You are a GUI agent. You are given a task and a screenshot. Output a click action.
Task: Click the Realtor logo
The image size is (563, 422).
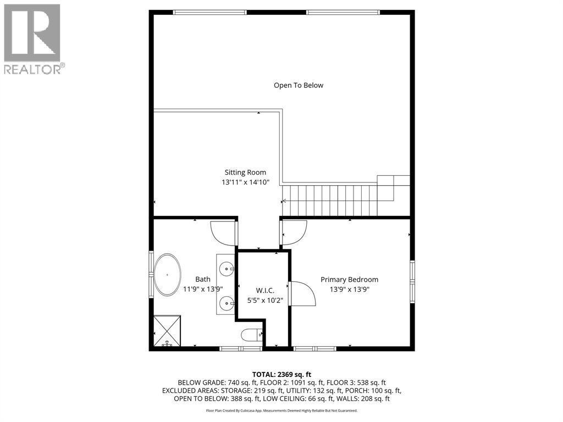[34, 38]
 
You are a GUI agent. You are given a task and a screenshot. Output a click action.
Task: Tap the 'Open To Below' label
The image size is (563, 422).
[299, 85]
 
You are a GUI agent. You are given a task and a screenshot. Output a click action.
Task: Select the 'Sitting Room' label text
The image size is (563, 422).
[245, 173]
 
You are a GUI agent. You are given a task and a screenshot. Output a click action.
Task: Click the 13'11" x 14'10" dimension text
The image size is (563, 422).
[245, 182]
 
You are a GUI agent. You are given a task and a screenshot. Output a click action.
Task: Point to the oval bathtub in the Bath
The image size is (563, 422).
[168, 274]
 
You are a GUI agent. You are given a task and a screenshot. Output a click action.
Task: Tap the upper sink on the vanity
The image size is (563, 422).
[227, 269]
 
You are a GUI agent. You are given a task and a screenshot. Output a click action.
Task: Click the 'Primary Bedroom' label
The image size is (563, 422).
[349, 279]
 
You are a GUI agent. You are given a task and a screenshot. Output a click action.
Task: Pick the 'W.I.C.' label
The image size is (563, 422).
[265, 290]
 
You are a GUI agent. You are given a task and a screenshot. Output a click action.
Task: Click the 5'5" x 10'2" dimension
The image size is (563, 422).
[265, 300]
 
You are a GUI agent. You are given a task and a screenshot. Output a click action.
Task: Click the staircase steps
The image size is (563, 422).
[330, 200]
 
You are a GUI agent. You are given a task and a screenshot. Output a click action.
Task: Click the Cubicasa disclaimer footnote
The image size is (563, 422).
[281, 410]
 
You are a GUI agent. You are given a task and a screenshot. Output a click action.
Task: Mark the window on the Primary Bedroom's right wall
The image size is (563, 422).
[412, 280]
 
